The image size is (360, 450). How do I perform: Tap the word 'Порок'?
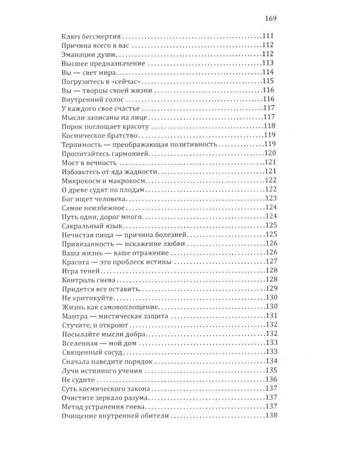pyautogui.click(x=73, y=127)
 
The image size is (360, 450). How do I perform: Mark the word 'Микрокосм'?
pyautogui.click(x=83, y=181)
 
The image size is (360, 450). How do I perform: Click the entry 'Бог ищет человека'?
pyautogui.click(x=94, y=199)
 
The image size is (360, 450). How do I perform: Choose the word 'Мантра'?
pyautogui.click(x=76, y=315)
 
